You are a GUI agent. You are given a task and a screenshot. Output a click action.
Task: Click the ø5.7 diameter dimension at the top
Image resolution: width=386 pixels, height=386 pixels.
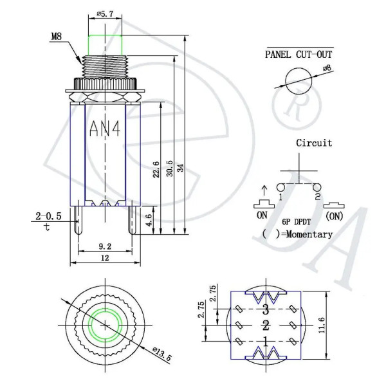[105, 14]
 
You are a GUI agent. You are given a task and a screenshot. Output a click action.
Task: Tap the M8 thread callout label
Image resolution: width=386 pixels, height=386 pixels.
[57, 37]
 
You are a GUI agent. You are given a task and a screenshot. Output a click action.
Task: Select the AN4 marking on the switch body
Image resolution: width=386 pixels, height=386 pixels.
[105, 129]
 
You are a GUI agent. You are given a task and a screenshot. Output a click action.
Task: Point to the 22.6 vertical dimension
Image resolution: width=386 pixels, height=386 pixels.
[156, 169]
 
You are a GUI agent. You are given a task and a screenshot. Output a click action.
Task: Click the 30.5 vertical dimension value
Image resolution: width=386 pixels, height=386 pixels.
[170, 169]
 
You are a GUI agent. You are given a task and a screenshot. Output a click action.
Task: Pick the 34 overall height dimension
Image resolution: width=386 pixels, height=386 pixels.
[181, 168]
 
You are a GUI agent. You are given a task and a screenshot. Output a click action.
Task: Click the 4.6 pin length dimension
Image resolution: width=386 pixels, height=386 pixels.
[149, 220]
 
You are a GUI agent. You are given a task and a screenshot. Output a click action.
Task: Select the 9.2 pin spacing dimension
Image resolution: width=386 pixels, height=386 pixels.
[105, 246]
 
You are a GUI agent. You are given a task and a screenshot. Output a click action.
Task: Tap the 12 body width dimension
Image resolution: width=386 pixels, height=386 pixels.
[105, 258]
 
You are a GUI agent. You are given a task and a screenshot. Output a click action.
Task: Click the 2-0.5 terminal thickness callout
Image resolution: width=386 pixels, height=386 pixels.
[48, 216]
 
